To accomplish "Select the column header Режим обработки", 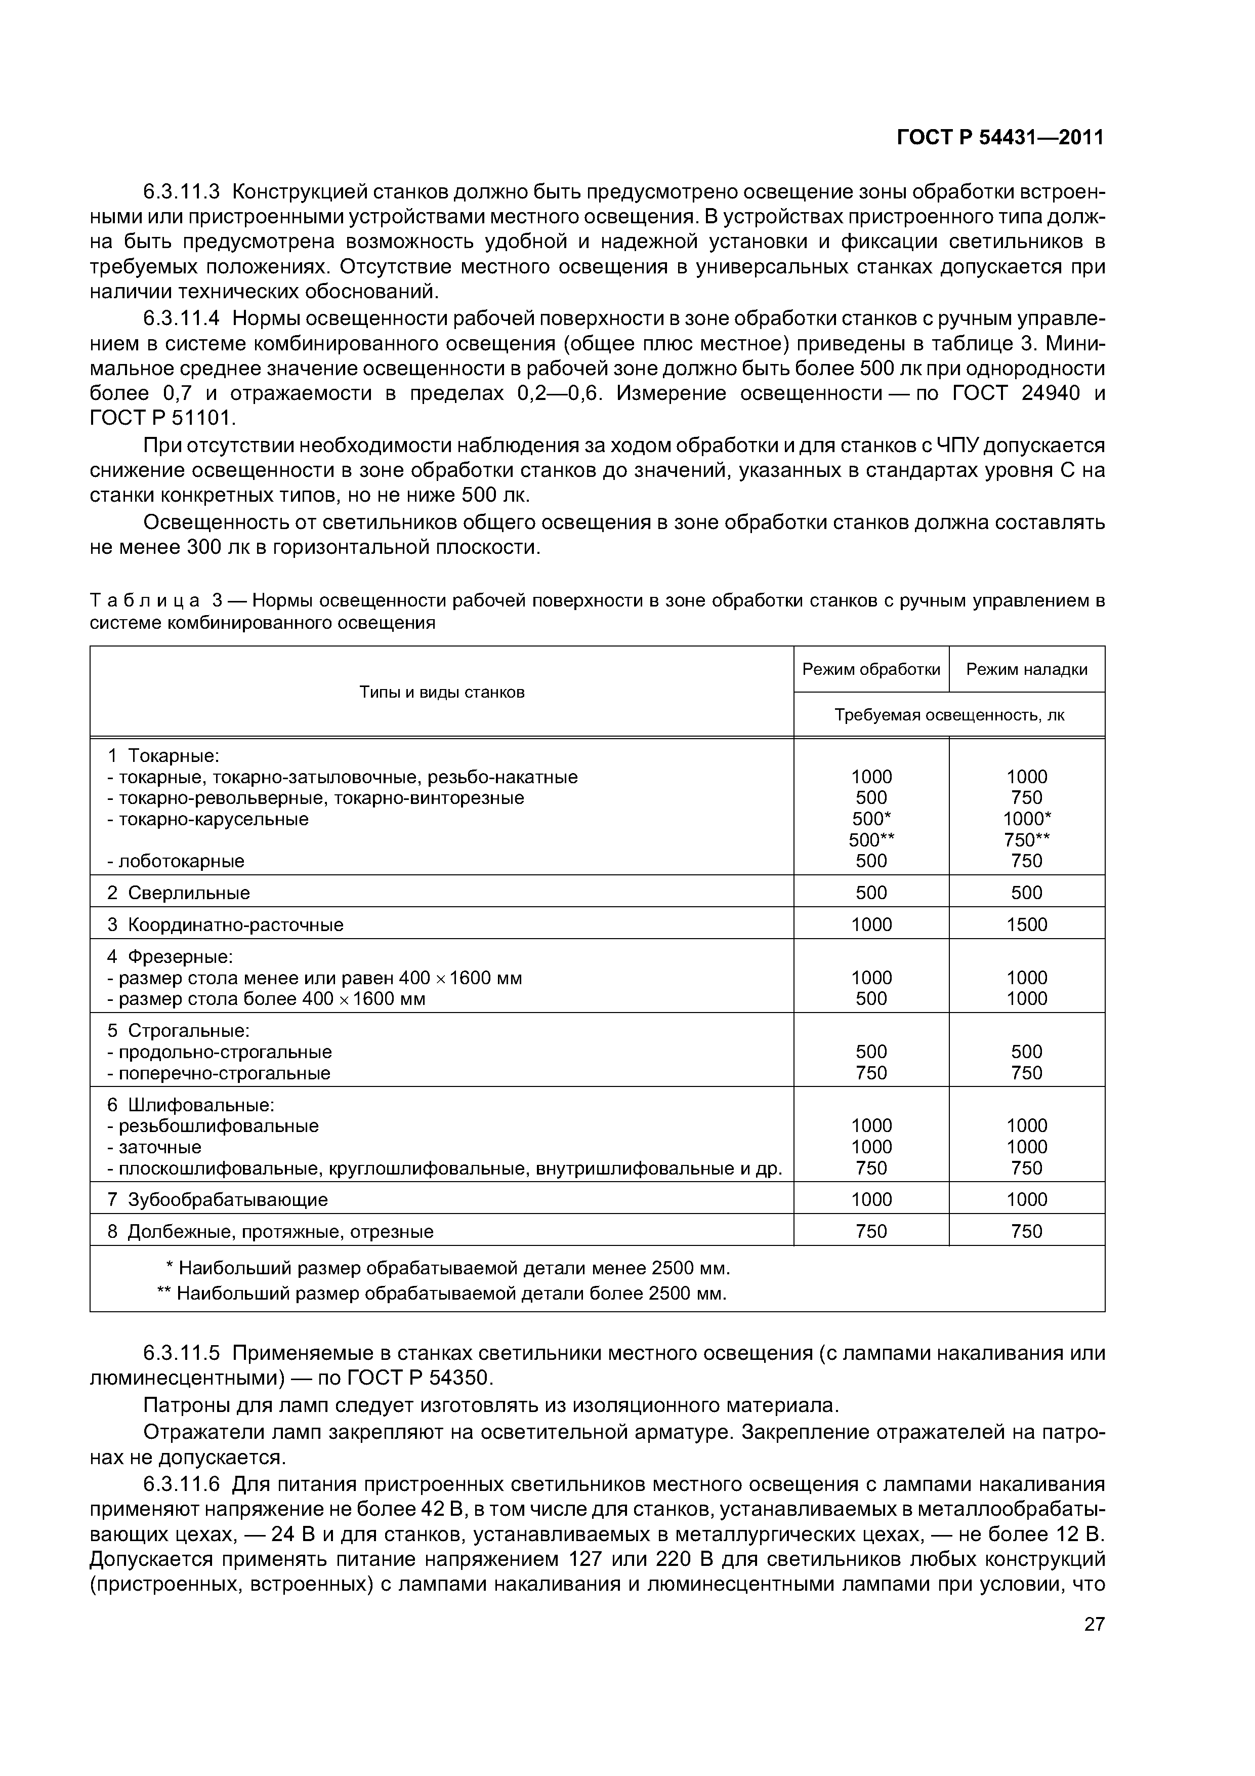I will (871, 670).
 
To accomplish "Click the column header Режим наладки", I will (1026, 670).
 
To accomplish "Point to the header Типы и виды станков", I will (442, 692).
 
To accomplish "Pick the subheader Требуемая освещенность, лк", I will (949, 715).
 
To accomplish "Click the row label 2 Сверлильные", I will (179, 893).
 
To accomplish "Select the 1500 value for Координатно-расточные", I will (1026, 924).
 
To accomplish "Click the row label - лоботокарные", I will (176, 861).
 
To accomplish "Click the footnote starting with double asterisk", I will (442, 1294).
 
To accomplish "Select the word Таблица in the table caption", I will (145, 601).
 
